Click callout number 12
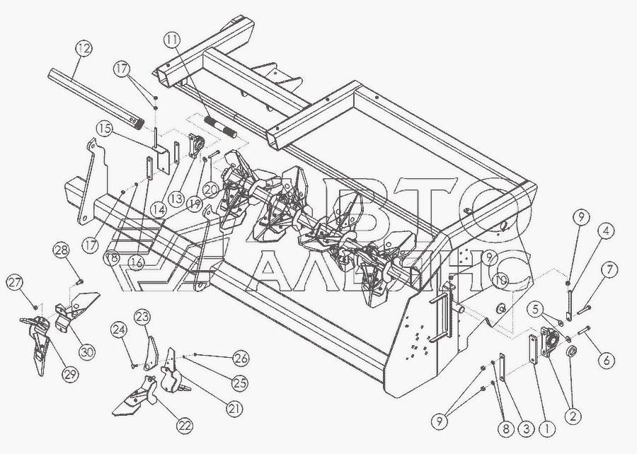point(83,49)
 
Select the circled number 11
point(172,39)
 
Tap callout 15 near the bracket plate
point(105,129)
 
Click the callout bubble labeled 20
point(211,189)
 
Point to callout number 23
point(144,316)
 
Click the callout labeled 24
point(118,330)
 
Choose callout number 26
point(241,357)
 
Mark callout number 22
point(185,426)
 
